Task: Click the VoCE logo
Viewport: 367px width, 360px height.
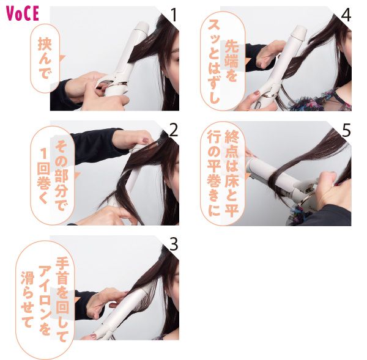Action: coord(23,13)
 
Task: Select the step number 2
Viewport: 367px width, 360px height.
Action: coord(173,129)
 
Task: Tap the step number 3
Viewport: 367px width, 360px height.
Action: coord(173,244)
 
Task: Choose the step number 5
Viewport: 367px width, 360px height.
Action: coord(346,129)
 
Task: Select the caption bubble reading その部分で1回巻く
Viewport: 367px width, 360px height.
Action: coord(53,175)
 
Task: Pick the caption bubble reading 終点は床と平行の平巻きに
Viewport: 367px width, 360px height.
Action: coord(223,174)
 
